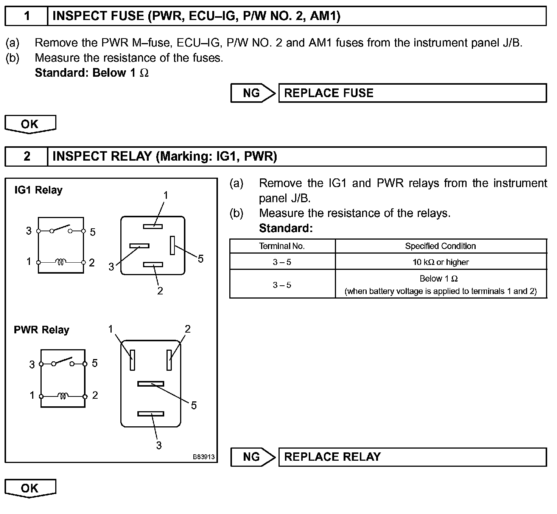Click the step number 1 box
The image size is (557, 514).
coord(26,16)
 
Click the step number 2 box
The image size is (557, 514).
coord(26,156)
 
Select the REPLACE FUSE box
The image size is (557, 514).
coord(412,93)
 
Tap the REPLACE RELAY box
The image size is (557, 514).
coord(412,457)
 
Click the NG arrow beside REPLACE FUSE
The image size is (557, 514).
coord(253,93)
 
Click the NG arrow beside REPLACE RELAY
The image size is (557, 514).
coord(253,457)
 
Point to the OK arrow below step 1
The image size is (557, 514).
coord(30,124)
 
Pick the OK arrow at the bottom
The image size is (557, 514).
coord(30,488)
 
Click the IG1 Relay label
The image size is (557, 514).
coord(38,190)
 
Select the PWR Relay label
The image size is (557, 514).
coord(42,330)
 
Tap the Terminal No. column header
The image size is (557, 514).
coord(282,246)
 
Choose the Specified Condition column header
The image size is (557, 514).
coord(440,246)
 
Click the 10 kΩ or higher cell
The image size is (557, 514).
coord(440,262)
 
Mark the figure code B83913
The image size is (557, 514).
coord(204,457)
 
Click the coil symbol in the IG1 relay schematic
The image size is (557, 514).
coord(61,262)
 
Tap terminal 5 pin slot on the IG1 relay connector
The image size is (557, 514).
coord(172,245)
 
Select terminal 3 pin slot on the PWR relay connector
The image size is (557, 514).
coord(151,414)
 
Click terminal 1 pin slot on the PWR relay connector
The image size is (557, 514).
coord(132,360)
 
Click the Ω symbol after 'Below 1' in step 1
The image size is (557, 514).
coord(144,73)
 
